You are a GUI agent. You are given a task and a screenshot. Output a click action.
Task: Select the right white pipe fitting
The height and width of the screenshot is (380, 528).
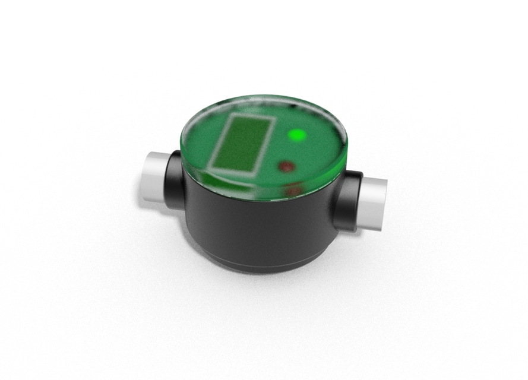[372, 204]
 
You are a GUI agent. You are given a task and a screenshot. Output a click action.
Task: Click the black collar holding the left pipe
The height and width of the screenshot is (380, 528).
[173, 178]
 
